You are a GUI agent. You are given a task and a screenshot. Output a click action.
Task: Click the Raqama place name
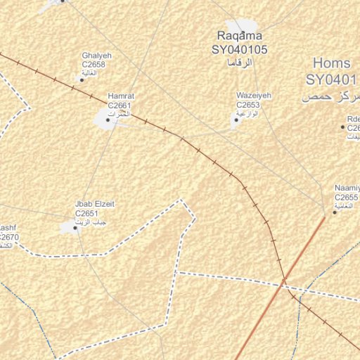click(x=240, y=36)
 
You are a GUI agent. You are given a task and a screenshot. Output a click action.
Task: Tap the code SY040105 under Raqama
click(x=240, y=50)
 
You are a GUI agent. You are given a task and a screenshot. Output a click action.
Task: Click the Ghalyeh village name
click(x=97, y=56)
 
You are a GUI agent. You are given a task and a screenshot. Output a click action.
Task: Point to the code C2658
click(x=94, y=65)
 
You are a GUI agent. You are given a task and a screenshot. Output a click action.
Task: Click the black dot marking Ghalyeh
click(x=82, y=79)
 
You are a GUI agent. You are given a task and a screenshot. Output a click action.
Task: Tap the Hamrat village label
click(x=120, y=96)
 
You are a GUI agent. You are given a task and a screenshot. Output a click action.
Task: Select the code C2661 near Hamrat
click(x=120, y=105)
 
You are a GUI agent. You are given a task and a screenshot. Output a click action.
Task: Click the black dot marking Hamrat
click(x=108, y=120)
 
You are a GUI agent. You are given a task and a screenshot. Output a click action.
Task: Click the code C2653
click(x=249, y=105)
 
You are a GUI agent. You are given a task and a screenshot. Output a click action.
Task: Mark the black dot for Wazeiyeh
click(x=234, y=119)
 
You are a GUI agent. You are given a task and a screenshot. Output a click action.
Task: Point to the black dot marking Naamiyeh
click(x=335, y=212)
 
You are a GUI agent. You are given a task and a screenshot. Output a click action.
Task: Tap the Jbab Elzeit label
click(x=95, y=204)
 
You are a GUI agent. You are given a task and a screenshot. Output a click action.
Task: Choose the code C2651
click(x=86, y=213)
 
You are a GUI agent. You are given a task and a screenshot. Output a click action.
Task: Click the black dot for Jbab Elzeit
click(x=75, y=227)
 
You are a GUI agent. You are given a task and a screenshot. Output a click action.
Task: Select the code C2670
click(x=9, y=237)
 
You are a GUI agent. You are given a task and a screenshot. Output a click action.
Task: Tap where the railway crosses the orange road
click(x=284, y=283)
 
